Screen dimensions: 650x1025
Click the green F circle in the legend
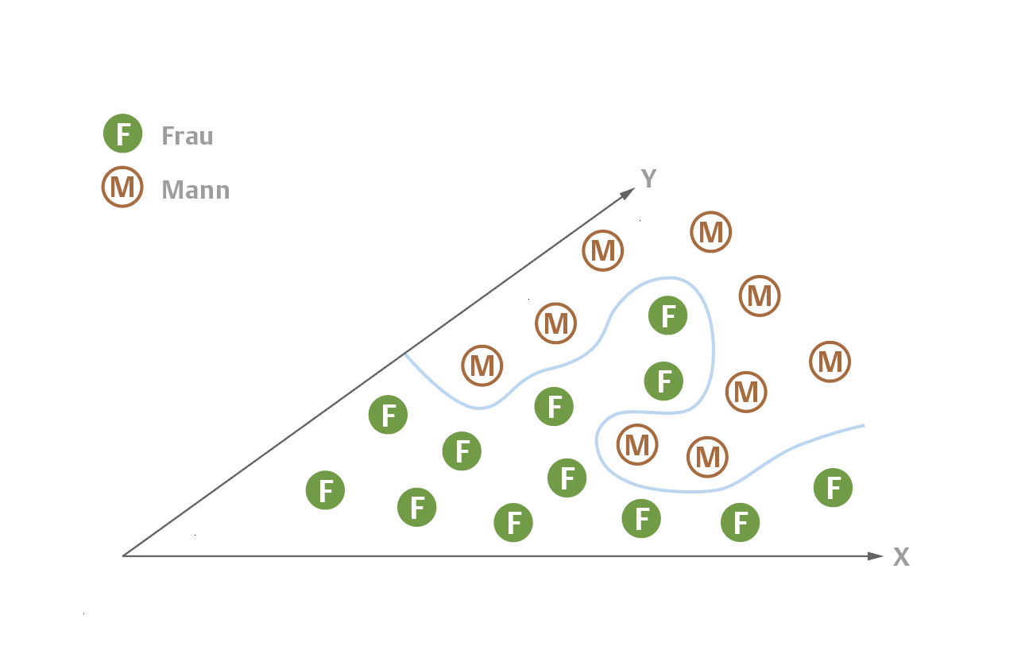tap(123, 133)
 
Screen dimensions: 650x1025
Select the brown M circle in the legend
tap(122, 188)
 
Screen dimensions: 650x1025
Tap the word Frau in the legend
tap(188, 136)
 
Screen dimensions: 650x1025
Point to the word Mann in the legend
tap(195, 190)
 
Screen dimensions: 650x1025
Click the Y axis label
tap(649, 179)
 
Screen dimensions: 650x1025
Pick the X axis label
tap(901, 557)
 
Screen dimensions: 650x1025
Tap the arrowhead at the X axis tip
tap(876, 555)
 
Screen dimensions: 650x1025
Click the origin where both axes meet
tap(123, 555)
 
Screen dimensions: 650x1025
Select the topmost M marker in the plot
tap(711, 232)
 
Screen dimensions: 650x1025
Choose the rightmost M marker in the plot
tap(830, 362)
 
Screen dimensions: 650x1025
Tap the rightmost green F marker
tap(834, 488)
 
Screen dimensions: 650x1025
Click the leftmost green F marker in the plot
tap(326, 491)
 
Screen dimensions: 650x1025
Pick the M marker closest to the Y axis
tap(482, 366)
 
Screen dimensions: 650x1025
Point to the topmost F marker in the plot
tap(668, 316)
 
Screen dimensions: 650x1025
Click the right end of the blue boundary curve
tap(863, 426)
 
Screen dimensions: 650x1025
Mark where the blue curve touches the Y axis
tap(405, 354)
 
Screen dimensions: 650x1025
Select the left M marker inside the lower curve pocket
tap(637, 444)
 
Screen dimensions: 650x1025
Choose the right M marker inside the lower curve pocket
tap(707, 456)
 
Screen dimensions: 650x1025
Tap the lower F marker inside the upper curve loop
tap(663, 381)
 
